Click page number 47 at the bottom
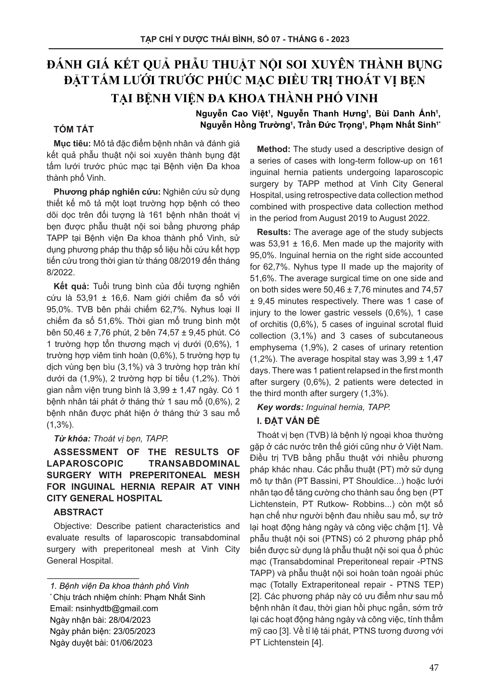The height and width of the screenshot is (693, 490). pyautogui.click(x=434, y=667)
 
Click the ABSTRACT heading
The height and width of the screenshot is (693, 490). pyautogui.click(x=78, y=512)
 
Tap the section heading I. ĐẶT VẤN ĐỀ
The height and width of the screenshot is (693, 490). pyautogui.click(x=288, y=421)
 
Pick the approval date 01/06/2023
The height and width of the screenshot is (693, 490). pyautogui.click(x=132, y=643)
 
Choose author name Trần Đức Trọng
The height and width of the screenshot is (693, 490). pyautogui.click(x=330, y=125)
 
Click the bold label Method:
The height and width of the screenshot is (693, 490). pyautogui.click(x=273, y=149)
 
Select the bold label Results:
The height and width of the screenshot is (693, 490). pyautogui.click(x=274, y=232)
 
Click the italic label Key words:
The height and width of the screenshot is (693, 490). pyautogui.click(x=280, y=407)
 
